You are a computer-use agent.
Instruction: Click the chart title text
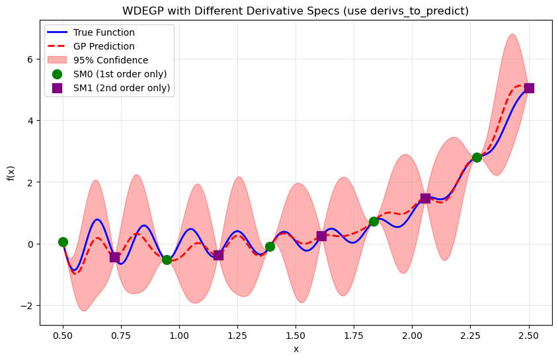click(x=296, y=11)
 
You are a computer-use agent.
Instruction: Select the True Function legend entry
click(x=104, y=32)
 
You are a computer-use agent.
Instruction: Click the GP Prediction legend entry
click(x=104, y=46)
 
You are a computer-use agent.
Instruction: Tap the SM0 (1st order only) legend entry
click(x=120, y=73)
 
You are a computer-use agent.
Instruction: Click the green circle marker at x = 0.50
click(x=63, y=242)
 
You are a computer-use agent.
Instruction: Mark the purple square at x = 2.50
click(x=529, y=88)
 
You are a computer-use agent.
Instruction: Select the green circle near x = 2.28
click(x=477, y=157)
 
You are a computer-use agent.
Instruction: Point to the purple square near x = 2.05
click(x=425, y=198)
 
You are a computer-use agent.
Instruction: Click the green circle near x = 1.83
click(x=374, y=221)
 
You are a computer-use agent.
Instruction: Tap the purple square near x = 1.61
click(x=321, y=236)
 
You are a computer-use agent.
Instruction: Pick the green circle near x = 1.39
click(x=270, y=246)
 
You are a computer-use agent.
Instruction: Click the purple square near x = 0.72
click(x=114, y=257)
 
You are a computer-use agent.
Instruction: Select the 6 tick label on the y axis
click(x=30, y=59)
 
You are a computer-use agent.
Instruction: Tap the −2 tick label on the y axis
click(x=27, y=306)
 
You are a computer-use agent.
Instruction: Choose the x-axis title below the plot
click(x=296, y=349)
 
